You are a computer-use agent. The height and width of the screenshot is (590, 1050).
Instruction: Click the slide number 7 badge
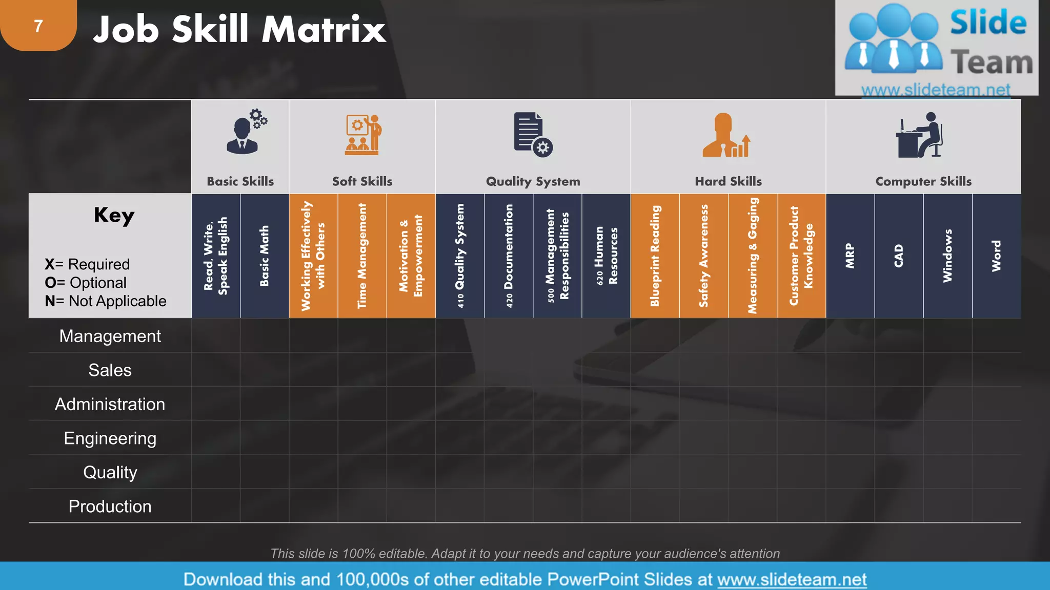tap(38, 26)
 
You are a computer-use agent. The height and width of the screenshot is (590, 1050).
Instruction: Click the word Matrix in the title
tap(324, 30)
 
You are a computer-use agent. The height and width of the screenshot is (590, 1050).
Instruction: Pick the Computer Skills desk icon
tap(920, 136)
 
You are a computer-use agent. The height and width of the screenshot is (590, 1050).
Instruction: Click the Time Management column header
tap(362, 256)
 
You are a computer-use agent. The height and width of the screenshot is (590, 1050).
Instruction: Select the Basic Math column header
tap(265, 256)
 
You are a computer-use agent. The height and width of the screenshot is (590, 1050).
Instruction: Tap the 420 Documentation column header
tap(509, 256)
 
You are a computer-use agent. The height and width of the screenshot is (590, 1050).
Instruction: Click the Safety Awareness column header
tap(703, 256)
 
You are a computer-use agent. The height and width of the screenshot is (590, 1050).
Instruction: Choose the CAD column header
tap(899, 256)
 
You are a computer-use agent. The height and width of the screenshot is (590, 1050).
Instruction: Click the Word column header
tap(996, 256)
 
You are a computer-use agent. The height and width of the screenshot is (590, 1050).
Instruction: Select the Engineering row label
tap(110, 438)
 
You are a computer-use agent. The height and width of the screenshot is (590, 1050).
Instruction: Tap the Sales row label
tap(110, 370)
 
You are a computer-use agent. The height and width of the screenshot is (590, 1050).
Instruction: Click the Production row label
tap(110, 507)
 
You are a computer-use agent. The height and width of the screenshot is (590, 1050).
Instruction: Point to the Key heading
tap(114, 215)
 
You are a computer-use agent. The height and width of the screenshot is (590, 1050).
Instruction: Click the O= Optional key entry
tap(86, 283)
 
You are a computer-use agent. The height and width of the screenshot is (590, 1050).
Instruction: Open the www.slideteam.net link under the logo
tap(935, 90)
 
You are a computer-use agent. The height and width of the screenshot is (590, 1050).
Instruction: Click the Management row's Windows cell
tap(947, 336)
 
